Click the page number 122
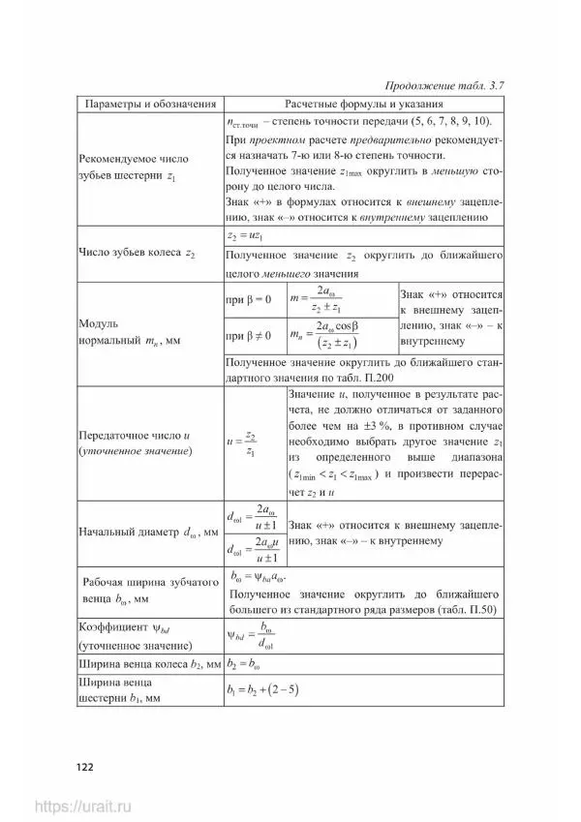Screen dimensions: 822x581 click(84, 767)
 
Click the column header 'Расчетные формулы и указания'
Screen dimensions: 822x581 click(364, 104)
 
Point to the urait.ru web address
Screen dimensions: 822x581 click(86, 806)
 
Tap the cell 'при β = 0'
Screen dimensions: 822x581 click(247, 301)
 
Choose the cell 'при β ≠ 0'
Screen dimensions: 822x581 click(248, 336)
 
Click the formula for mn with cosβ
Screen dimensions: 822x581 click(327, 336)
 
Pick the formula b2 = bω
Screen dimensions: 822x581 click(247, 665)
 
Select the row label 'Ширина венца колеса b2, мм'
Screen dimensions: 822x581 click(145, 665)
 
